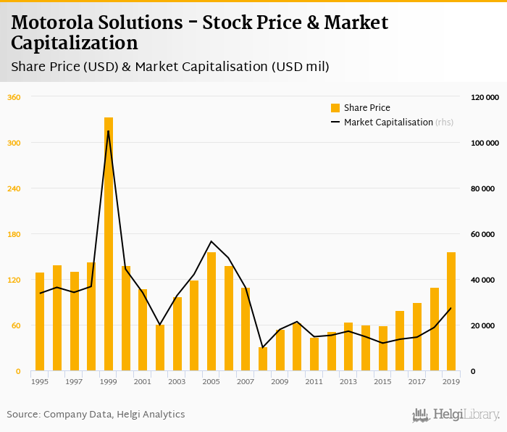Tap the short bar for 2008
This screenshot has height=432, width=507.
click(x=263, y=360)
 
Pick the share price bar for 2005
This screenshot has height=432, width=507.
click(x=211, y=312)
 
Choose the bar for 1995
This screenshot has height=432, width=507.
click(x=40, y=322)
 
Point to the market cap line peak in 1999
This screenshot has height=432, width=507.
click(x=109, y=131)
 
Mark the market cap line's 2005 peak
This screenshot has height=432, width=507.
click(x=211, y=241)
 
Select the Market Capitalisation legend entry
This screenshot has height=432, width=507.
click(x=391, y=122)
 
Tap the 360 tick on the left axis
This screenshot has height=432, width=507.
click(x=14, y=97)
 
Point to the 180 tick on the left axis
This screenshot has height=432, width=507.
click(x=14, y=234)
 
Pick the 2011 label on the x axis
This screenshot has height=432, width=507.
click(x=314, y=381)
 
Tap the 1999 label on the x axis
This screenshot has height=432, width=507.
click(x=109, y=381)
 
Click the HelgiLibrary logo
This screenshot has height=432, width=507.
click(x=456, y=415)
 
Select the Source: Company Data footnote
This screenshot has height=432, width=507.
click(x=96, y=415)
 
